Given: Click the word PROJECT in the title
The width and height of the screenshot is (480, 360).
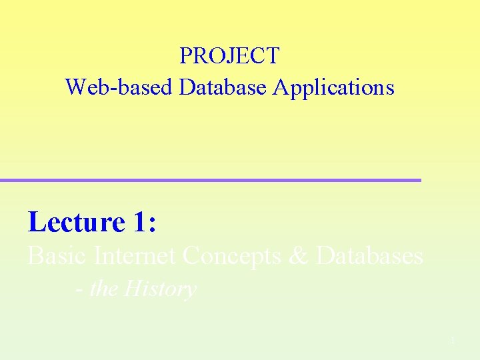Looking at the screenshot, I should coord(229,56).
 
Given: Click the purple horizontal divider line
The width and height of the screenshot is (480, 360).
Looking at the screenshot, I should coord(211,180).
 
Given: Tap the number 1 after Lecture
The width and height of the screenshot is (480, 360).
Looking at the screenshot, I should coord(139,223).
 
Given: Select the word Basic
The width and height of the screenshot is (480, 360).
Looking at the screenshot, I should coord(58,256).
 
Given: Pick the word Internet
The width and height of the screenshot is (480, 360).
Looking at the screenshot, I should coord(135,256).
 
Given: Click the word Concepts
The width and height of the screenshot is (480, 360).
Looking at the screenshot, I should coord(231,256).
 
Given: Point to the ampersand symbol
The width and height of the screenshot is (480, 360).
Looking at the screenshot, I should coord(298,256).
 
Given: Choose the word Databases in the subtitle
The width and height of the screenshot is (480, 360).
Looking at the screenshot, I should coord(370,256).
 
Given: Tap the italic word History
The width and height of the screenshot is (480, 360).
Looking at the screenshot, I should coord(160,289).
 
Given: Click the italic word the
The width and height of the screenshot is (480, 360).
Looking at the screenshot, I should coord(104,289).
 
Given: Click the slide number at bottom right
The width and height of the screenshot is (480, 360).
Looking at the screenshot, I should coord(451,341).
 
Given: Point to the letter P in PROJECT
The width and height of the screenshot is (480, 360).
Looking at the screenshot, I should coord(186,56).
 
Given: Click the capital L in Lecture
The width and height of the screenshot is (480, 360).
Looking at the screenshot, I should coord(37,223).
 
